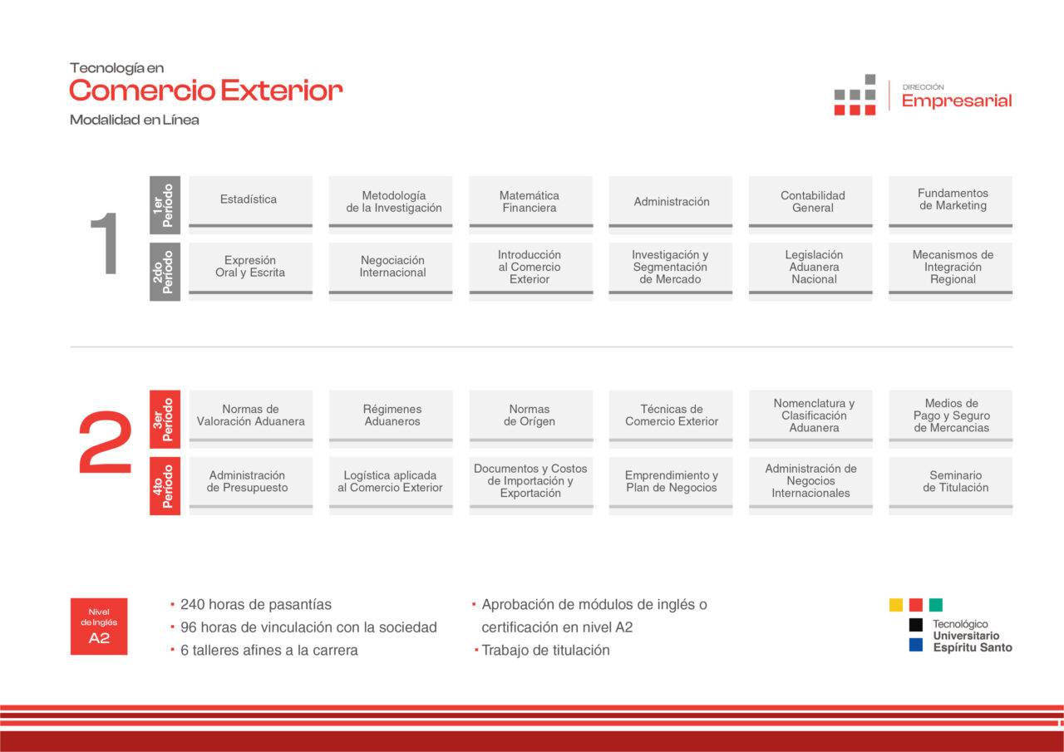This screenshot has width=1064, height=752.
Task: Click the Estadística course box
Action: pyautogui.click(x=250, y=204)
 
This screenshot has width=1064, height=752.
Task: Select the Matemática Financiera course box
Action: pyautogui.click(x=530, y=204)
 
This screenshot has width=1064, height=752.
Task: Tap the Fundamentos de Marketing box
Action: pyautogui.click(x=950, y=204)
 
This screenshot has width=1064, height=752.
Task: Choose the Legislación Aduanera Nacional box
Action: pyautogui.click(x=810, y=272)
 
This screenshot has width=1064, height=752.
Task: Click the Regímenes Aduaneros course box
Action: pyautogui.click(x=391, y=419)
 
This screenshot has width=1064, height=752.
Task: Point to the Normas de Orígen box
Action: pyautogui.click(x=530, y=419)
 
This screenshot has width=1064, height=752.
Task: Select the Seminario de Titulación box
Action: pyautogui.click(x=950, y=485)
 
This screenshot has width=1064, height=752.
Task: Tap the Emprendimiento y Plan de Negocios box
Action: pyautogui.click(x=671, y=485)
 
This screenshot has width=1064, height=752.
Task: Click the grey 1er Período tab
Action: pyautogui.click(x=165, y=205)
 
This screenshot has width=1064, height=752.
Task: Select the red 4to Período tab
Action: pyautogui.click(x=165, y=485)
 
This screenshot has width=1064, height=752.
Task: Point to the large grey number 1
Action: pyautogui.click(x=105, y=243)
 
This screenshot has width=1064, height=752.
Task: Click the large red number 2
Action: pyautogui.click(x=105, y=442)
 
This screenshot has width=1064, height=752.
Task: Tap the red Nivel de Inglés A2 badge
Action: pyautogui.click(x=99, y=627)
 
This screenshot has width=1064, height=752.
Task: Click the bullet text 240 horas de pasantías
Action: pyautogui.click(x=255, y=604)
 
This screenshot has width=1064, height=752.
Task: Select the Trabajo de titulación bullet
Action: pyautogui.click(x=545, y=650)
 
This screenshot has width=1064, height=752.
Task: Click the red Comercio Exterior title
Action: pyautogui.click(x=205, y=91)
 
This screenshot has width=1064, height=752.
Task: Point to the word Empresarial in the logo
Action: pyautogui.click(x=957, y=101)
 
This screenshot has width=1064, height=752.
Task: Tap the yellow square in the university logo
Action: pyautogui.click(x=896, y=605)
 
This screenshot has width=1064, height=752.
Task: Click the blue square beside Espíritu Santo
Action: pyautogui.click(x=916, y=645)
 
